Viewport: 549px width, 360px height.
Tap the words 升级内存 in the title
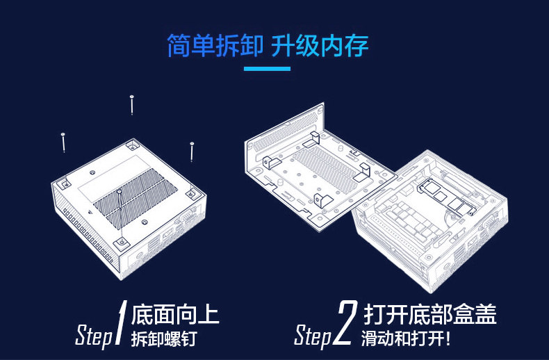pyautogui.click(x=320, y=46)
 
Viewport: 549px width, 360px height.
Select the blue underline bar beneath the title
pyautogui.click(x=267, y=68)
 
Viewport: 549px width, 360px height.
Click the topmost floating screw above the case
pyautogui.click(x=131, y=104)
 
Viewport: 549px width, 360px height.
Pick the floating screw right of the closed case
pyautogui.click(x=192, y=152)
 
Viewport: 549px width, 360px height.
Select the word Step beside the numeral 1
pyautogui.click(x=93, y=336)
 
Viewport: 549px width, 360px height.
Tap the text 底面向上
pyautogui.click(x=174, y=314)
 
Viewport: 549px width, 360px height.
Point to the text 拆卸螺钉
pyautogui.click(x=164, y=338)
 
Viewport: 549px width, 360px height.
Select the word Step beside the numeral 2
pyautogui.click(x=313, y=336)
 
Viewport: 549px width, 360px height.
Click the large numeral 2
pyautogui.click(x=344, y=324)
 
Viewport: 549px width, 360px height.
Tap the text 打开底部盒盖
pyautogui.click(x=429, y=314)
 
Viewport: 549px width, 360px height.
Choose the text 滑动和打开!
pyautogui.click(x=406, y=339)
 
